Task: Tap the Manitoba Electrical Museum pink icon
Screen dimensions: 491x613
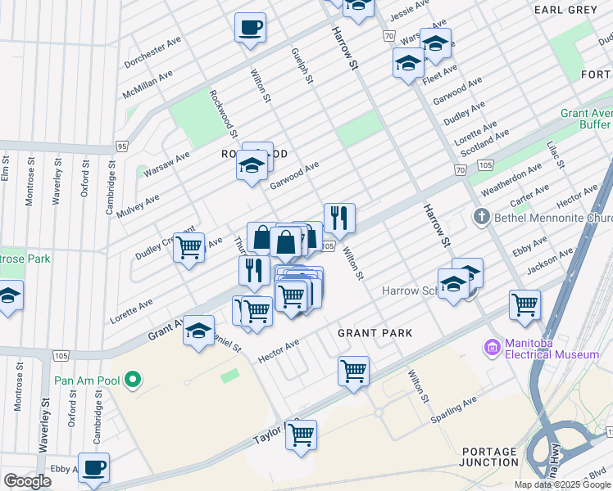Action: (x=492, y=348)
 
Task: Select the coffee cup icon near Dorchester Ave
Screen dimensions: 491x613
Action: (x=250, y=27)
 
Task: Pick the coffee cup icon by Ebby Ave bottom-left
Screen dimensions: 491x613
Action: (x=93, y=467)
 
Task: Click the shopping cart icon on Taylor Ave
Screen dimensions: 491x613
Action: (x=301, y=434)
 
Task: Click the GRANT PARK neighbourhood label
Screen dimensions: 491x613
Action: (x=375, y=333)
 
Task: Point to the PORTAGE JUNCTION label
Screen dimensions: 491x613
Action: (x=490, y=457)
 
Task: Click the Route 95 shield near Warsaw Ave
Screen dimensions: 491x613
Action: (x=121, y=146)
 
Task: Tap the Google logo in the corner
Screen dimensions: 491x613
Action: (x=26, y=481)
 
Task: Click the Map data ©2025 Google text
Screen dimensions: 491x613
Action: (x=562, y=484)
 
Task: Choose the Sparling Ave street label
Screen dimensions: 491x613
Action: (x=455, y=411)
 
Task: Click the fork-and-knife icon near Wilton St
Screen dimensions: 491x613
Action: (x=338, y=218)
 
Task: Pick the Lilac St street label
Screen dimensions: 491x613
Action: (x=556, y=155)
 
